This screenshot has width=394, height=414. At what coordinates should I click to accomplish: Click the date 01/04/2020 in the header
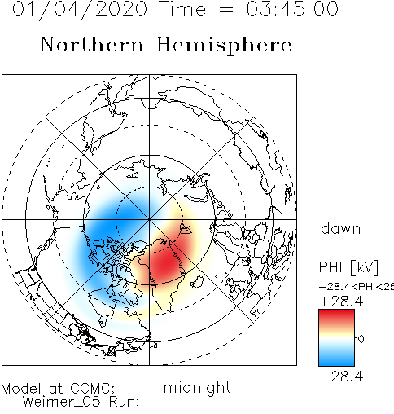[80, 10]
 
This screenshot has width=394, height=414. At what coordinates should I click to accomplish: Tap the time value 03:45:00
[292, 9]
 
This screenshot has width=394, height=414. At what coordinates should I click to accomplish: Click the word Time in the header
[182, 9]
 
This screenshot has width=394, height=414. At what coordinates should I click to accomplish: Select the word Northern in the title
[91, 44]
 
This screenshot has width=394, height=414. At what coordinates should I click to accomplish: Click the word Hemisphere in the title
[224, 46]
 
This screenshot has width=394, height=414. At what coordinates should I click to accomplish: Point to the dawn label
[341, 228]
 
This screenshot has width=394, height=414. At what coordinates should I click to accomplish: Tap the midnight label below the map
[197, 387]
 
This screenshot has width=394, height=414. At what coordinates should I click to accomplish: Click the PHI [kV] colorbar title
[348, 267]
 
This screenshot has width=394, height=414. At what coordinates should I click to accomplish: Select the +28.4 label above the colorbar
[341, 302]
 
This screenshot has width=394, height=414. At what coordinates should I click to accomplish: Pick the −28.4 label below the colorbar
[341, 377]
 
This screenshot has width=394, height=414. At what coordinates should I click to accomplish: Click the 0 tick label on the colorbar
[361, 339]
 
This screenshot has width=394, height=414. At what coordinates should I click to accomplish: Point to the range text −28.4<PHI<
[352, 287]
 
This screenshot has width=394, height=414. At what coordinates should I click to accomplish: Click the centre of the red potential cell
[167, 262]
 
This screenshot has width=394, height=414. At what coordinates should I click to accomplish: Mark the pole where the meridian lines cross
[149, 219]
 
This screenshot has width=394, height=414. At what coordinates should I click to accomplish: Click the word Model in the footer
[21, 389]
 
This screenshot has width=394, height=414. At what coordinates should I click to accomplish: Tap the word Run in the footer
[125, 402]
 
